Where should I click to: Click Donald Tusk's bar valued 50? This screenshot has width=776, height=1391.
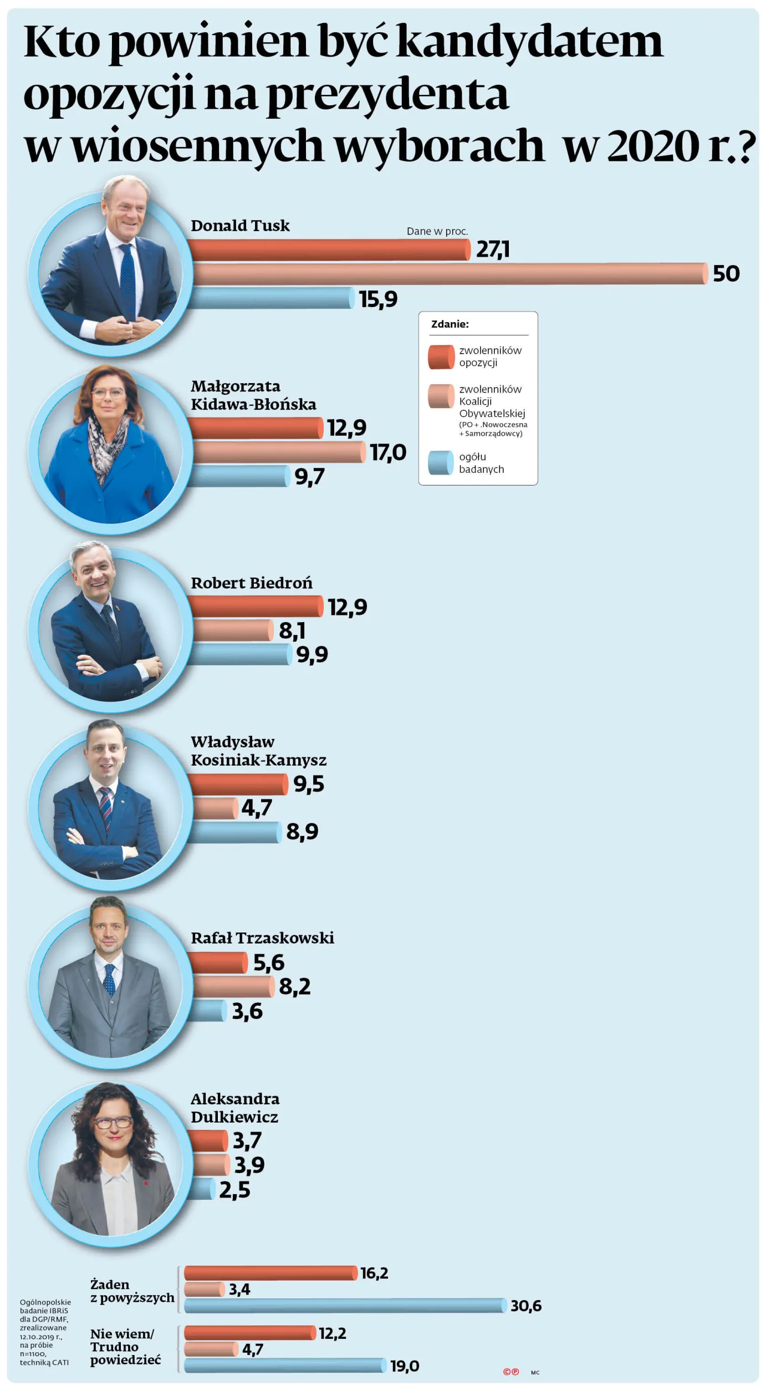click(449, 274)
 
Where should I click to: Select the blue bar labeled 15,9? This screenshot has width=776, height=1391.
click(272, 298)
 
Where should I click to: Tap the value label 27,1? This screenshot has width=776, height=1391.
click(493, 249)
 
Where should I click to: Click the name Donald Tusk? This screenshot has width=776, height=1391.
click(240, 226)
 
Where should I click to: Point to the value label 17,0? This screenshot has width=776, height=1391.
click(388, 453)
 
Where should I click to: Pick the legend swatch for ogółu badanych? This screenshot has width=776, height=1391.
click(441, 463)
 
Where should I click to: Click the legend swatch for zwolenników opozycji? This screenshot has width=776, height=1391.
click(441, 357)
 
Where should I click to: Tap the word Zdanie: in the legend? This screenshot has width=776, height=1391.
click(450, 324)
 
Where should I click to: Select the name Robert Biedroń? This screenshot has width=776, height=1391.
click(252, 583)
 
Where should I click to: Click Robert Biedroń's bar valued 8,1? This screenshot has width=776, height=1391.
click(233, 630)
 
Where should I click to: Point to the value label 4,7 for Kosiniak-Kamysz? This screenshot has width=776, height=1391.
click(257, 808)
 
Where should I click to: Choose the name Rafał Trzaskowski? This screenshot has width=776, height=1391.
click(262, 938)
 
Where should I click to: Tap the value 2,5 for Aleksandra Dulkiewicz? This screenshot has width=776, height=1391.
click(234, 1190)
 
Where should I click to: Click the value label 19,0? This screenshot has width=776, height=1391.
click(405, 1366)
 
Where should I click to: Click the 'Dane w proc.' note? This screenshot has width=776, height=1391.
click(437, 231)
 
